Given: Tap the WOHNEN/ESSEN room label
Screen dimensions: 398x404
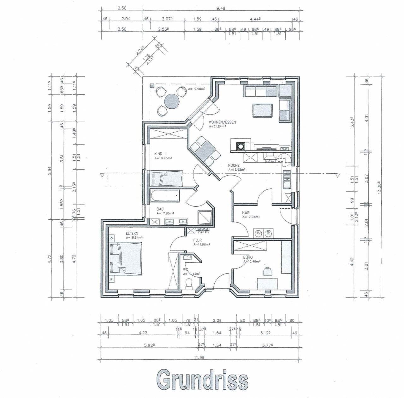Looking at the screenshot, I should click(222, 122).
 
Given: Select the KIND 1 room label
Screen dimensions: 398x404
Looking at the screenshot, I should click(160, 154).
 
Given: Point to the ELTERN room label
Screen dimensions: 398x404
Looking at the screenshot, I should click(132, 233).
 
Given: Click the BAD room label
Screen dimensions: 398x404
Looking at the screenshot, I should click(160, 209).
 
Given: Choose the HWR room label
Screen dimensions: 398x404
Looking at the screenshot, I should click(246, 213).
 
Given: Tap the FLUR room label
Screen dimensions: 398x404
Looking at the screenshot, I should click(198, 240).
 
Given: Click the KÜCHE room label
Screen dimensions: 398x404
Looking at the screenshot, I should click(234, 165).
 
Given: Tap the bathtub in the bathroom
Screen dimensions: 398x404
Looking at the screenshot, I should click(164, 196).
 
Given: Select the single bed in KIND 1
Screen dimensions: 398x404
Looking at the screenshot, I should click(167, 178).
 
